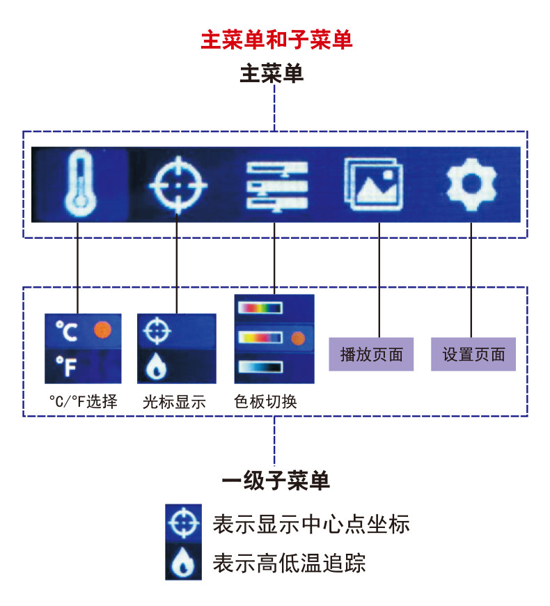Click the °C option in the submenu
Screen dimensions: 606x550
pyautogui.click(x=67, y=331)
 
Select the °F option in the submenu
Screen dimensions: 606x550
pyautogui.click(x=66, y=367)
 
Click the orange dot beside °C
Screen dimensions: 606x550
pyautogui.click(x=102, y=329)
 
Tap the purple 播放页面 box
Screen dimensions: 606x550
pyautogui.click(x=371, y=354)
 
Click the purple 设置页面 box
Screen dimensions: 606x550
pyautogui.click(x=473, y=354)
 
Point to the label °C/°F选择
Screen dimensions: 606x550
pyautogui.click(x=83, y=403)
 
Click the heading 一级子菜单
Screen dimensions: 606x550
pyautogui.click(x=275, y=481)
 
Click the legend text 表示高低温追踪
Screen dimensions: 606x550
pyautogui.click(x=289, y=562)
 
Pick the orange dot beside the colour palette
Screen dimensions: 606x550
pyautogui.click(x=298, y=339)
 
